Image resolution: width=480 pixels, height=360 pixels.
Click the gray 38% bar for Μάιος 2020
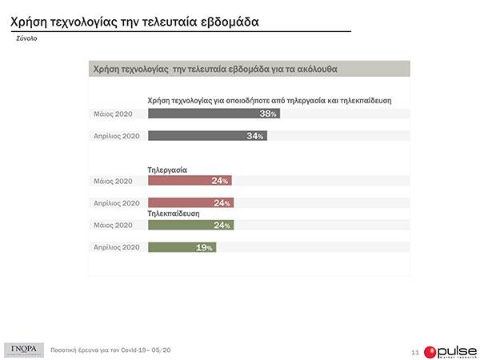(x=213, y=114)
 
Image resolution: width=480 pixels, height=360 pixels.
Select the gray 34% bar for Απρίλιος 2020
(x=206, y=136)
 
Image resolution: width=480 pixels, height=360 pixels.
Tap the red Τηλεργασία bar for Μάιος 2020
(x=190, y=181)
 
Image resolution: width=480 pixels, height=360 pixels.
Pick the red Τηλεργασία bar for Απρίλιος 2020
(x=190, y=202)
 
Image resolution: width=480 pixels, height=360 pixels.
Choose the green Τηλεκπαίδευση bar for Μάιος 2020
(x=190, y=226)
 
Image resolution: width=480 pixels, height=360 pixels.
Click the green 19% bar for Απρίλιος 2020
(x=182, y=248)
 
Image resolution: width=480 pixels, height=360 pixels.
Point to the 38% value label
(x=268, y=114)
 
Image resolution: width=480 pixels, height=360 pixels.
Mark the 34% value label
(x=255, y=136)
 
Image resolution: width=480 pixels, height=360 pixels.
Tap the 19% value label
(x=205, y=248)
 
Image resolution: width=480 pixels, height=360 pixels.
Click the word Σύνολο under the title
(x=27, y=38)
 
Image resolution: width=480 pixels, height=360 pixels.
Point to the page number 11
(x=414, y=351)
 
